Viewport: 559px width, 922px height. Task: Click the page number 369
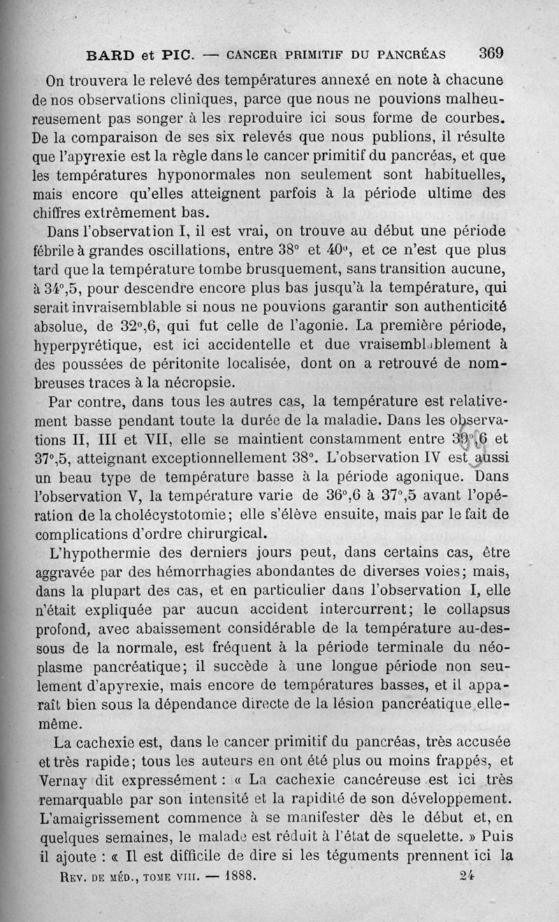(x=491, y=53)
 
